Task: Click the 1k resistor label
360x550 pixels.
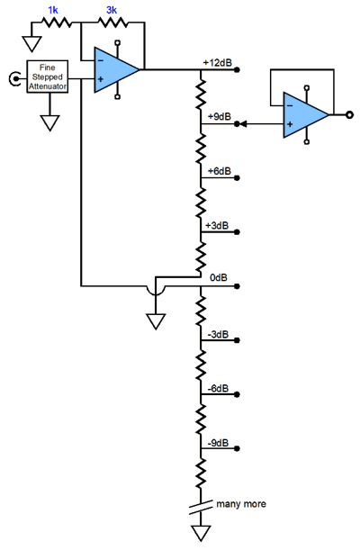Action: [53, 10]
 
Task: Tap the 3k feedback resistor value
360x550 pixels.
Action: [112, 10]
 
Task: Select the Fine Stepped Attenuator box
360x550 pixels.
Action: [48, 77]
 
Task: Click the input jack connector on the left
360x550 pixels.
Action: [14, 78]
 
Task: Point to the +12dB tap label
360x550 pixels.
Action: [217, 63]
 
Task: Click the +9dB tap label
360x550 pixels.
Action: [220, 116]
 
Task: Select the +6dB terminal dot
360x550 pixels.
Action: [237, 178]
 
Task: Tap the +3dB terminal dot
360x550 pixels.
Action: [237, 232]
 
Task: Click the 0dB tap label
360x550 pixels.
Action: [219, 278]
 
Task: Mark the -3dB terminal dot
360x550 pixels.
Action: [237, 340]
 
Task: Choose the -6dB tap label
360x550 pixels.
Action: [218, 389]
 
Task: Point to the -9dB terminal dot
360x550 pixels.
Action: [237, 448]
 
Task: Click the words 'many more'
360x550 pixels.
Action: [241, 504]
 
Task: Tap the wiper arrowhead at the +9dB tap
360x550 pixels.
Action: [244, 124]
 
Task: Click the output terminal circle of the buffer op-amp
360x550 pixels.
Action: [349, 114]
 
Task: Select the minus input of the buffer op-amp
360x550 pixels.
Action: [290, 105]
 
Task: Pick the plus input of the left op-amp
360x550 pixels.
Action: [101, 79]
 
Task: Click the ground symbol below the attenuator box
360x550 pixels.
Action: [49, 122]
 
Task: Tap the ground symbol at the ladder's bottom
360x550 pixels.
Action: [202, 533]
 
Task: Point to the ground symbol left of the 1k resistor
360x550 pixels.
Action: [31, 44]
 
